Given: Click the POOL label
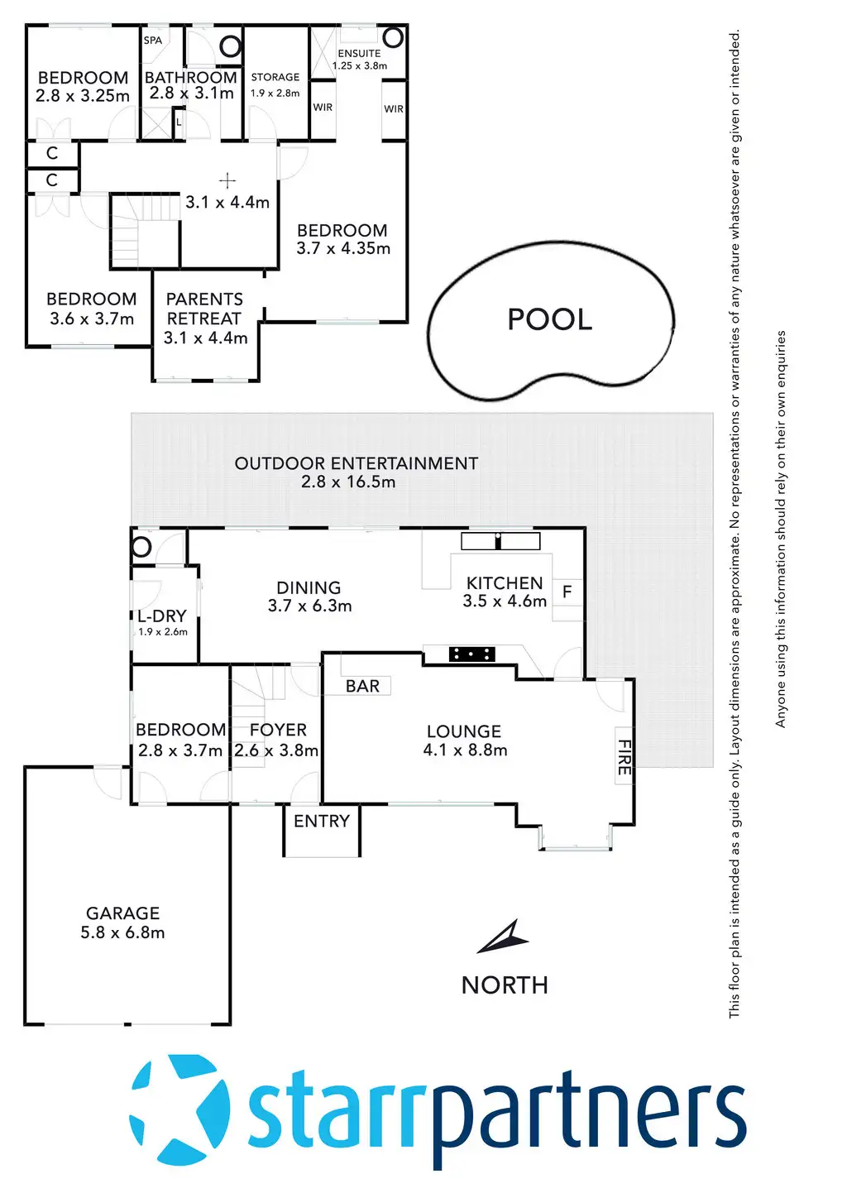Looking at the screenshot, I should [550, 319].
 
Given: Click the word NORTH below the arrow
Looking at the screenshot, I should [505, 985].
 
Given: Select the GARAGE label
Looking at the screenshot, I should [122, 913].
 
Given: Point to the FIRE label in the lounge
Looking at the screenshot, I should [624, 757].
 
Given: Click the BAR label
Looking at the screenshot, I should [362, 686].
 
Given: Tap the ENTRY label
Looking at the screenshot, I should [322, 821].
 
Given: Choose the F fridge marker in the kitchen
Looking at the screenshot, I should [567, 592].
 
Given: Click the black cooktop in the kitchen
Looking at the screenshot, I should [471, 654].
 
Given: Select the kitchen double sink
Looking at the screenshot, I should [500, 541].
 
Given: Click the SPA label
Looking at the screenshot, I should [153, 40].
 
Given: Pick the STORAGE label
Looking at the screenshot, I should [275, 77].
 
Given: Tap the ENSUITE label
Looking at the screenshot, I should [359, 53].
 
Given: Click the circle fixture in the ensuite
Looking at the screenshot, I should [393, 37].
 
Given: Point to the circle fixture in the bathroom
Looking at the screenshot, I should [231, 46].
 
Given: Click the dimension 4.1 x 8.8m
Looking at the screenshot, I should [465, 750].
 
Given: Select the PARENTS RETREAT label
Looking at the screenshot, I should [204, 309].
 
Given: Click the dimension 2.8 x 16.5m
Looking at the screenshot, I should [348, 482].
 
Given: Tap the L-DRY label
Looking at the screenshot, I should [162, 616].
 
